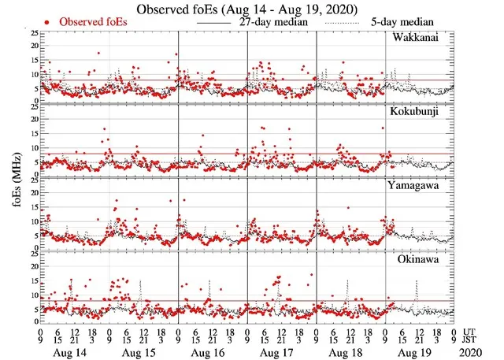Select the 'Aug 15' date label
pyautogui.click(x=144, y=353)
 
